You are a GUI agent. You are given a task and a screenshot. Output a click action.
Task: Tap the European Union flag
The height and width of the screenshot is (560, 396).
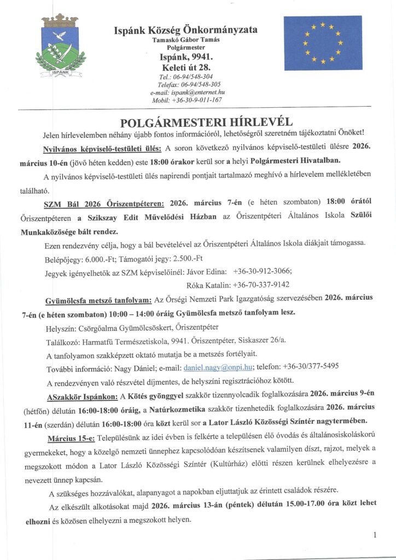(x=323, y=43)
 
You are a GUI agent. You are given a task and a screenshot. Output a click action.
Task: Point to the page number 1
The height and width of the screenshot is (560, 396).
(x=375, y=535)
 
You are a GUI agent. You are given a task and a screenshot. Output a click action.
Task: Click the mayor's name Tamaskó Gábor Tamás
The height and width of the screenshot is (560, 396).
(x=185, y=40)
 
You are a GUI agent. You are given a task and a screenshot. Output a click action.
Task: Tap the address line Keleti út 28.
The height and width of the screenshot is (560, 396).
(x=185, y=67)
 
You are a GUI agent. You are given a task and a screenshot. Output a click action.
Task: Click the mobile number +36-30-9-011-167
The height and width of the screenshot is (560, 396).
(x=195, y=100)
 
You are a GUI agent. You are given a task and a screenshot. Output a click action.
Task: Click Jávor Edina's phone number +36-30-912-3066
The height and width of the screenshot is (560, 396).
(x=262, y=271)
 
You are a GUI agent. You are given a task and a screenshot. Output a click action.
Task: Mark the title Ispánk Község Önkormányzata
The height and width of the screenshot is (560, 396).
(x=185, y=30)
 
